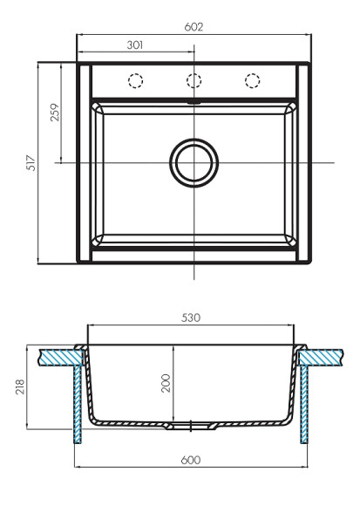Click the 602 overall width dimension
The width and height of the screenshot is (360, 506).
pos(194,27)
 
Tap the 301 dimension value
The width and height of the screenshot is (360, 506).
pos(135,44)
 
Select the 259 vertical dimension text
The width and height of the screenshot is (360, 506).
pos(55,113)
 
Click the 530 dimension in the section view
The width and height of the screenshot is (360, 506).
pos(192,318)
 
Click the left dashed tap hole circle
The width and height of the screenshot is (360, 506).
pos(136,81)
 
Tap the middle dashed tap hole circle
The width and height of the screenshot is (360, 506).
pos(194,81)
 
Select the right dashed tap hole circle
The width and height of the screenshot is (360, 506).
pos(253,81)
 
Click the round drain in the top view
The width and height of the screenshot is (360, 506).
pos(193,162)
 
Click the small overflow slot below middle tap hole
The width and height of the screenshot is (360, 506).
pos(194,101)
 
